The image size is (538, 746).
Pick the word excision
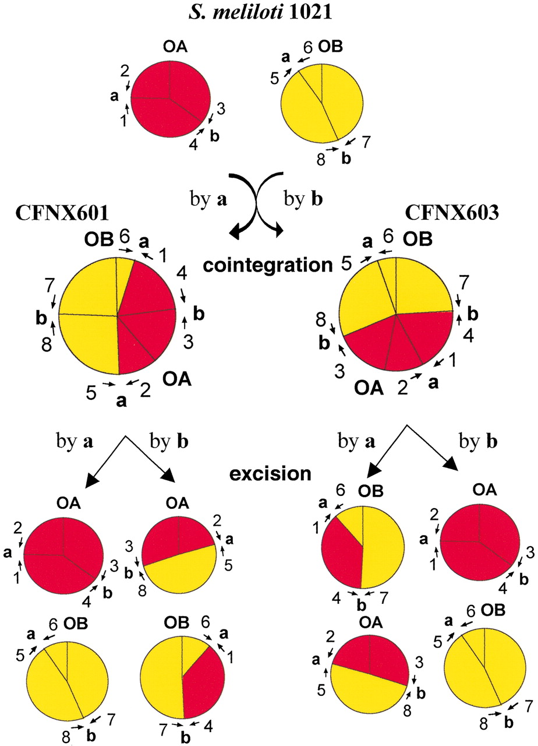(270, 473)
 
